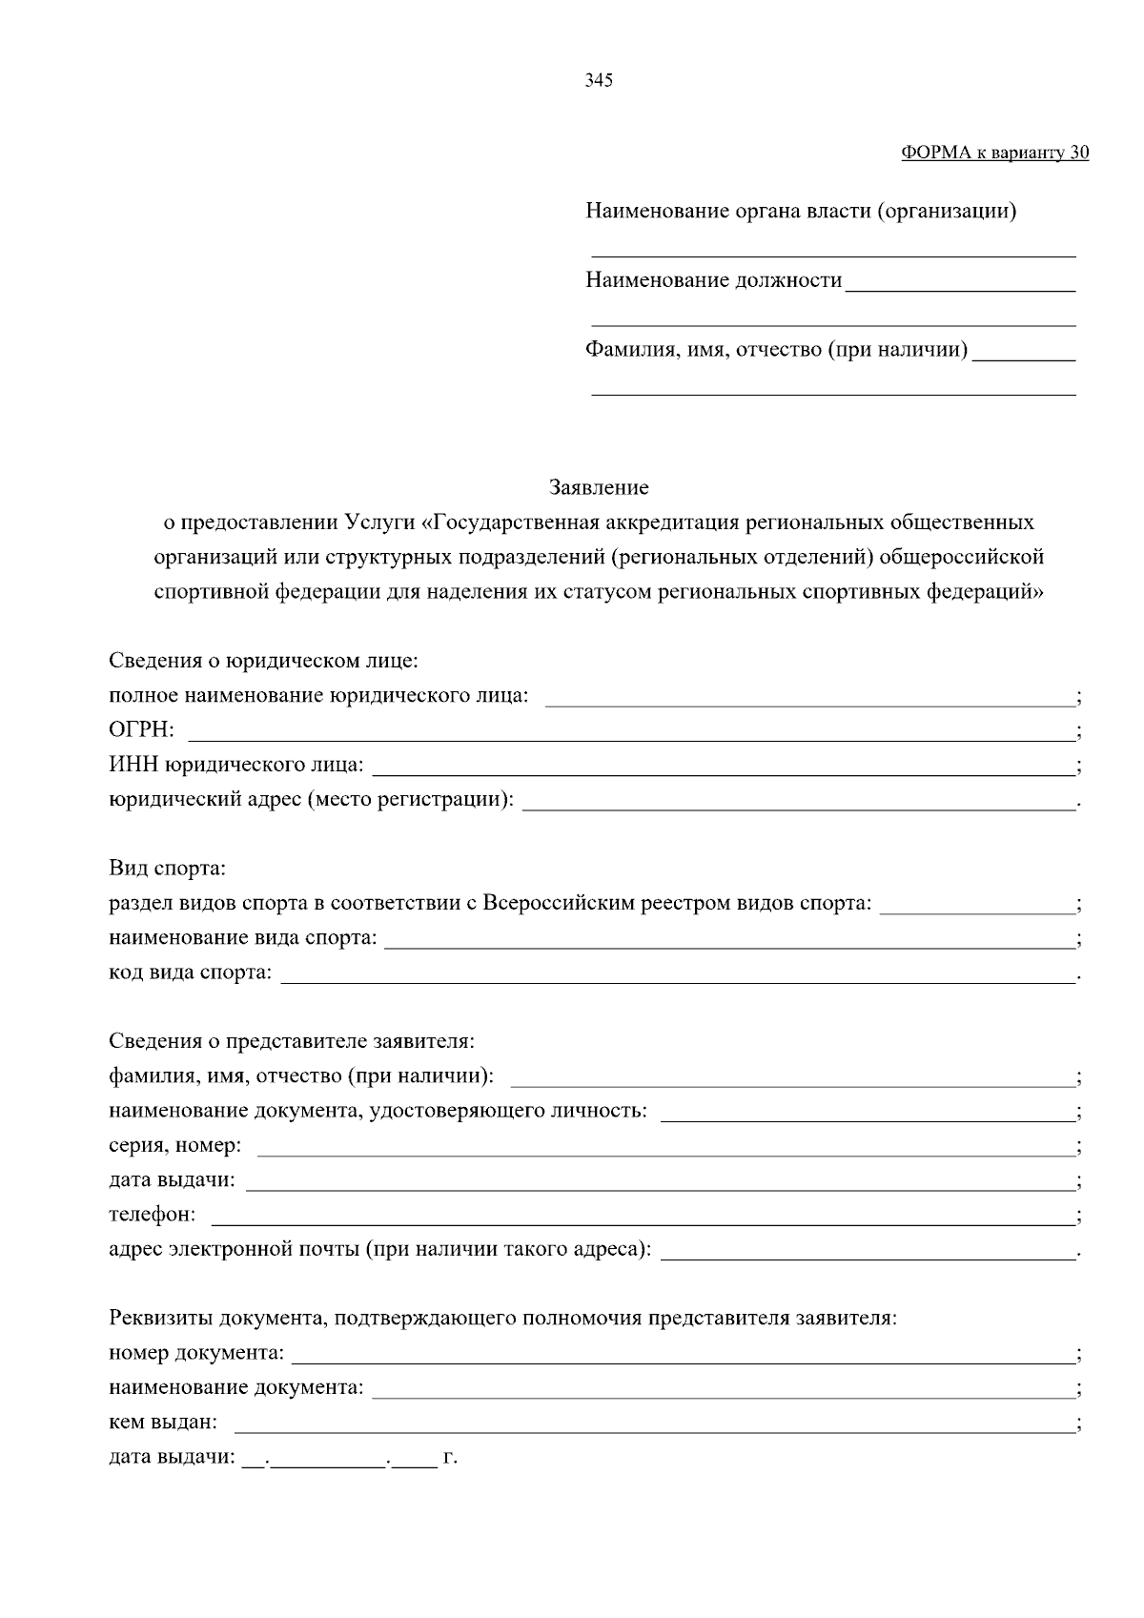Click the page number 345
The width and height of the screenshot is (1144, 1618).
point(598,81)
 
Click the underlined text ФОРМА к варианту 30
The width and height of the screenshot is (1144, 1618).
point(994,153)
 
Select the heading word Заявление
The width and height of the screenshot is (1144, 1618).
point(599,488)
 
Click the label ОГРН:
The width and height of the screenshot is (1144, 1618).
point(141,730)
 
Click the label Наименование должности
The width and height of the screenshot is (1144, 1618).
point(713,280)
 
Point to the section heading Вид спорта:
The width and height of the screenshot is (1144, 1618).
point(167,869)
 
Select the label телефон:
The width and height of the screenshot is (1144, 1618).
point(153,1215)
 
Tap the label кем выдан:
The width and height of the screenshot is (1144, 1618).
point(163,1423)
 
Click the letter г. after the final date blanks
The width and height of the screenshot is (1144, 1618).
point(451,1458)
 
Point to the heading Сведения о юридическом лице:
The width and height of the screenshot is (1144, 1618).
point(263,661)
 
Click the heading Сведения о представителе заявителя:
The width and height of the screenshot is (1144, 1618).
point(291,1041)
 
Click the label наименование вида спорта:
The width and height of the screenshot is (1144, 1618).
point(242,938)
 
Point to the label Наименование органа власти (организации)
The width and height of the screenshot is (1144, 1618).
point(801,211)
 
